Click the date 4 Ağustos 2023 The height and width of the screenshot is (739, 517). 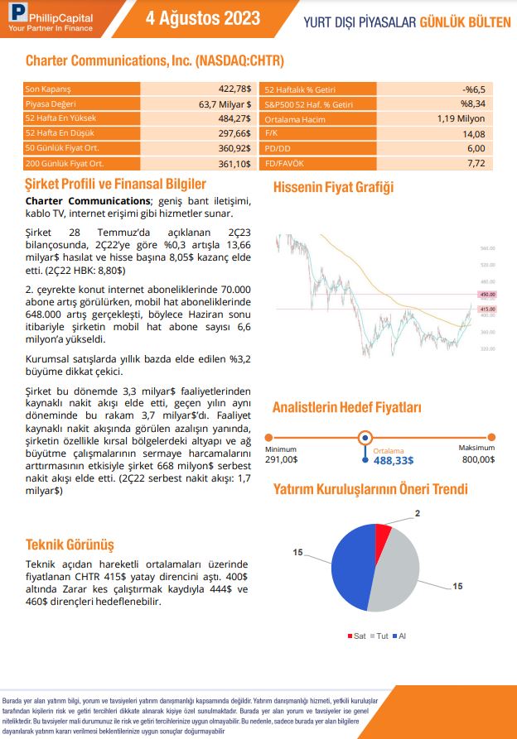coord(202,19)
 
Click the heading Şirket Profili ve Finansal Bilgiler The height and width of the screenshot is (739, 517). coord(115,183)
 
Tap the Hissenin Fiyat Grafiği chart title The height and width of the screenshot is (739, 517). coord(333,187)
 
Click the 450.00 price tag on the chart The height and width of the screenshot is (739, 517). coord(486,294)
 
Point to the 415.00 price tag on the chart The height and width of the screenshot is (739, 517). coord(486,309)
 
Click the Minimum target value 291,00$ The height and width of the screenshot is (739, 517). coord(282,459)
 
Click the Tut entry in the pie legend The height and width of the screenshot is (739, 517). coord(379,636)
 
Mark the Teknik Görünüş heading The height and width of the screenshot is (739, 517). coord(70,545)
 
